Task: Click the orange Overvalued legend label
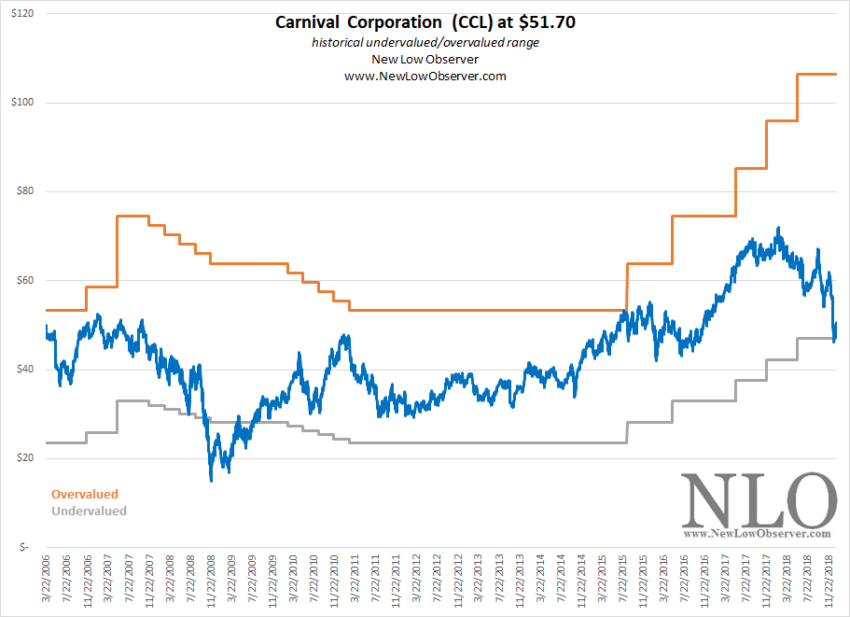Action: click(85, 494)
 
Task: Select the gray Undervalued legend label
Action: click(89, 511)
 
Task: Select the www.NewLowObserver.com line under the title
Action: click(425, 77)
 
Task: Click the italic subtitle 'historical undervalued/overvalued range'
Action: click(425, 43)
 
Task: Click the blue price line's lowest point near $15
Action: click(212, 479)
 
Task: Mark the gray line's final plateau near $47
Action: click(816, 338)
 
